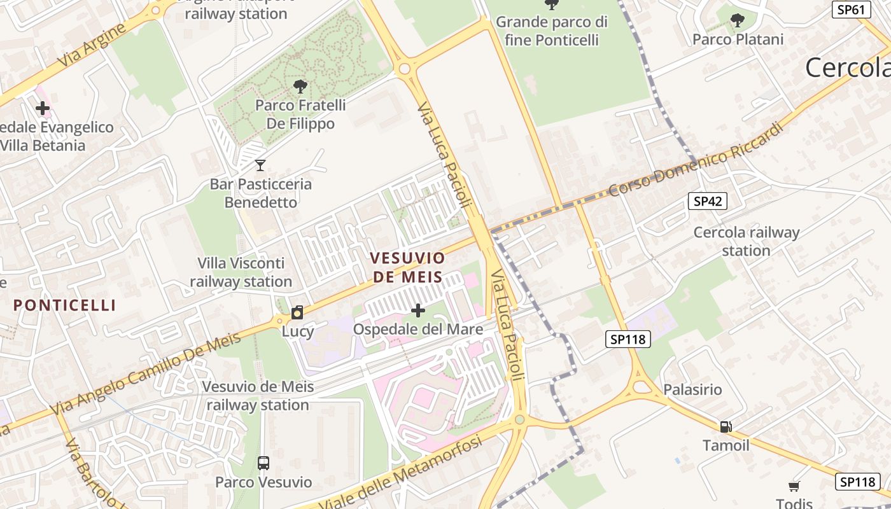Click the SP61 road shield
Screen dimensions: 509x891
pyautogui.click(x=851, y=10)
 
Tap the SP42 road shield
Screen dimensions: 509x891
pyautogui.click(x=707, y=202)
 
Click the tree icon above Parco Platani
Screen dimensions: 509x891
pyautogui.click(x=737, y=20)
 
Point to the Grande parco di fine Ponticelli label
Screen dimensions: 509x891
pyautogui.click(x=552, y=31)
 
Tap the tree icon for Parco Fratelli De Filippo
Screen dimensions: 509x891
pyautogui.click(x=300, y=87)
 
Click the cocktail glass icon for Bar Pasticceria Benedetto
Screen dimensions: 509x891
pyautogui.click(x=260, y=165)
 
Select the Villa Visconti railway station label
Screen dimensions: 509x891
pyautogui.click(x=241, y=272)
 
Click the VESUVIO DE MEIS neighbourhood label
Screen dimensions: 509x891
pyautogui.click(x=407, y=267)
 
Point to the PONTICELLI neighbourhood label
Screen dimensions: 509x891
pyautogui.click(x=65, y=305)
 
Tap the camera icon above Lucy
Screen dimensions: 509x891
pyautogui.click(x=297, y=312)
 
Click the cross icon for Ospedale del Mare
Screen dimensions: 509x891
pyautogui.click(x=418, y=310)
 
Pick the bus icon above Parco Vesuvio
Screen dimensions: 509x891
pyautogui.click(x=263, y=463)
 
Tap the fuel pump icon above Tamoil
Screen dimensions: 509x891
pyautogui.click(x=726, y=426)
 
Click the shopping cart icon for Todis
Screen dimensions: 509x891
pyautogui.click(x=794, y=487)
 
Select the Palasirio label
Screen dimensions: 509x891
pyautogui.click(x=692, y=389)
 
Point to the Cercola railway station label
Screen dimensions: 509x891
pyautogui.click(x=746, y=241)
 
